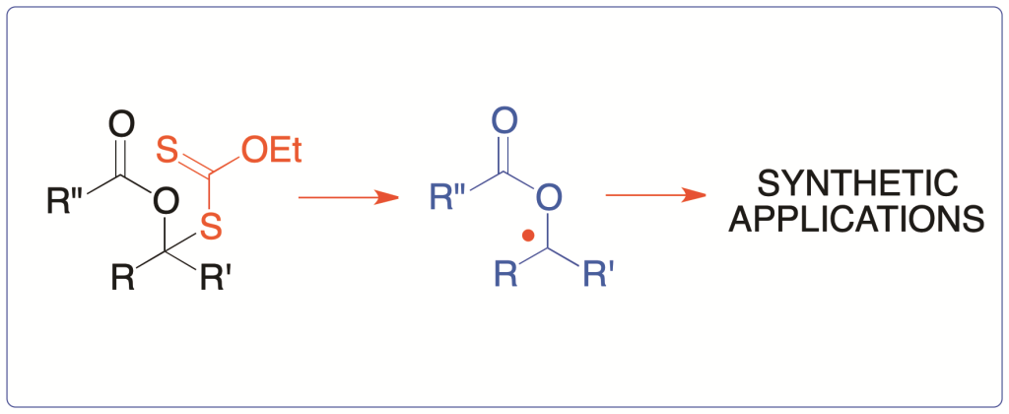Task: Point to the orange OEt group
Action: [x=272, y=152]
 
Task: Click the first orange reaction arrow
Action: [x=347, y=197]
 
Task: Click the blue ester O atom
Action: [x=548, y=197]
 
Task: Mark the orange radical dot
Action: [x=528, y=237]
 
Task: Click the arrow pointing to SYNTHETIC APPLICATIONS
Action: [x=656, y=195]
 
